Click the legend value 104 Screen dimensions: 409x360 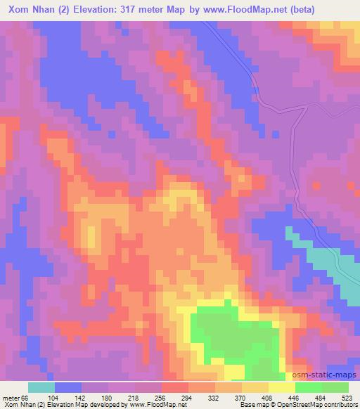click(x=73, y=397)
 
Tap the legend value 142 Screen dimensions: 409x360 click(x=100, y=397)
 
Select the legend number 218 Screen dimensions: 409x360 click(x=153, y=397)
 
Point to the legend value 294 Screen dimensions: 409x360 click(x=207, y=397)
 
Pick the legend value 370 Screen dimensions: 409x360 click(x=260, y=397)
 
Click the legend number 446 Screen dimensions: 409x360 click(x=314, y=397)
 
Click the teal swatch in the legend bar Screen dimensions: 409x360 click(x=41, y=387)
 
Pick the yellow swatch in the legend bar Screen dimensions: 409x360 click(x=282, y=387)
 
